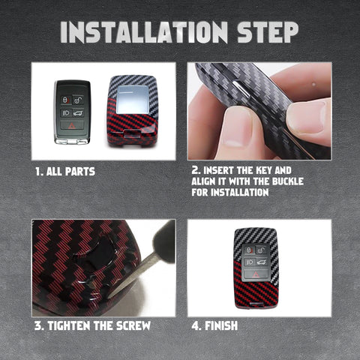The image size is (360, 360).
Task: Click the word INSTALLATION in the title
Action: click(x=144, y=32)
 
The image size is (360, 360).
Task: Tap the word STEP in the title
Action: click(x=268, y=32)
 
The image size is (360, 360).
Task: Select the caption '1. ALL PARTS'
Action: click(x=65, y=172)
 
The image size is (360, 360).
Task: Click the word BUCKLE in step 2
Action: click(x=288, y=181)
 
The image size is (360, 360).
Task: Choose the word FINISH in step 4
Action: click(x=221, y=325)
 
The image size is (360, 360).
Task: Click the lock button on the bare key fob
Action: click(x=65, y=100)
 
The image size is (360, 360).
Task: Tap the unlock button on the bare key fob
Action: click(x=79, y=100)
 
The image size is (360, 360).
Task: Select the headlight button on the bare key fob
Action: click(x=66, y=113)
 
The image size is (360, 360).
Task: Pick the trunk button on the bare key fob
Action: click(x=78, y=113)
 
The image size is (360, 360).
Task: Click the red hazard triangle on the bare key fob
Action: click(x=72, y=125)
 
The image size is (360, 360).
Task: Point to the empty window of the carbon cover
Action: click(x=133, y=100)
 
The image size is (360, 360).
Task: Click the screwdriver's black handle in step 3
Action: click(x=164, y=240)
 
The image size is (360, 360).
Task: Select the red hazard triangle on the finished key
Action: click(x=256, y=275)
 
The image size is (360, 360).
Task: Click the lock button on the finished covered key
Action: click(x=249, y=250)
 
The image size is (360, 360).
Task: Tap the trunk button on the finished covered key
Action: click(x=262, y=262)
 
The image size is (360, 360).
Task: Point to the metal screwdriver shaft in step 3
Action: click(x=133, y=276)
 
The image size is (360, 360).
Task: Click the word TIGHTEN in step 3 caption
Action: click(x=69, y=325)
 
